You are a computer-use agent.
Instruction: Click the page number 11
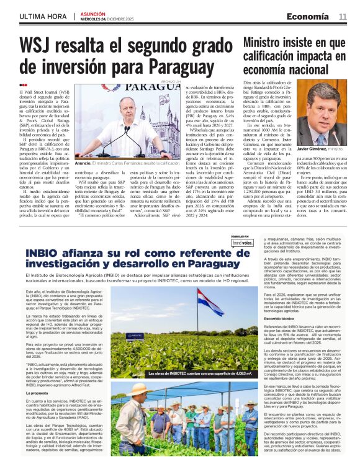342,17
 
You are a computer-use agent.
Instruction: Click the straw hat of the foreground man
142,388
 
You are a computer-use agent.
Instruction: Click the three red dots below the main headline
23,85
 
